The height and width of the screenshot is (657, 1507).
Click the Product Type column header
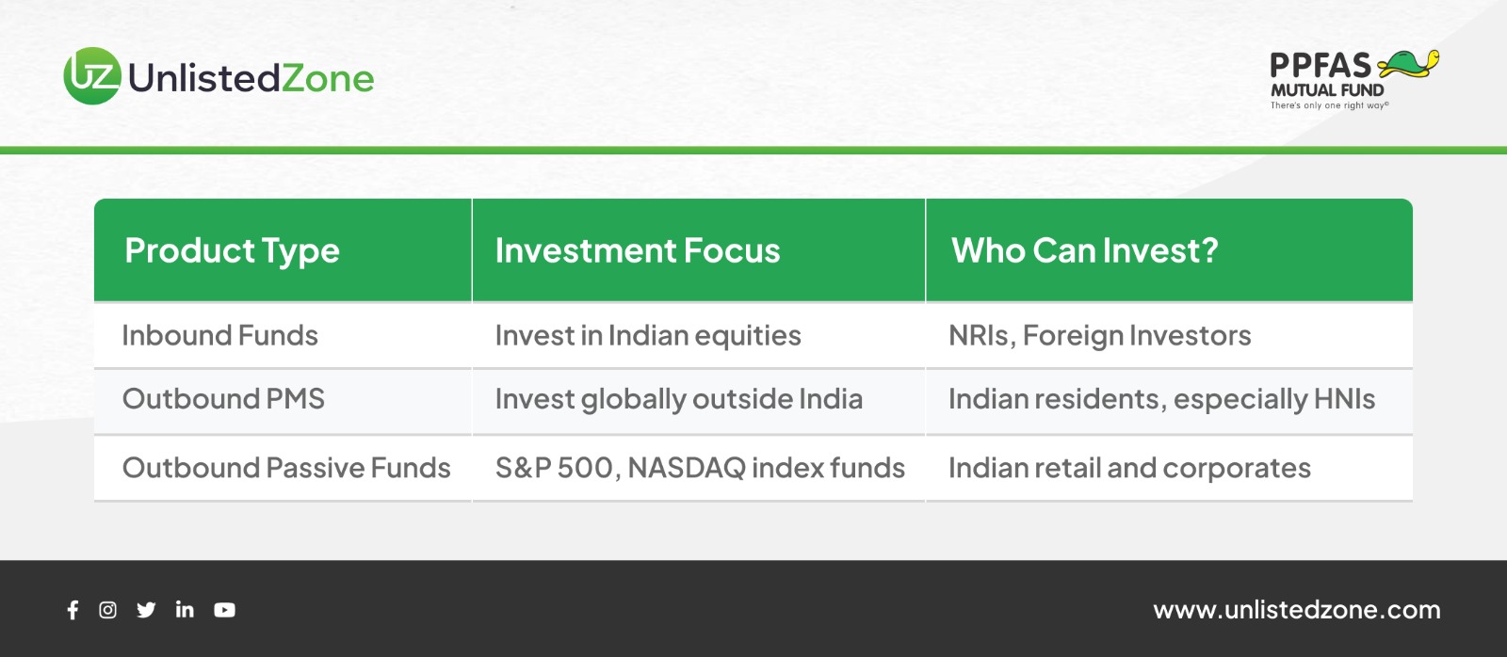pos(232,251)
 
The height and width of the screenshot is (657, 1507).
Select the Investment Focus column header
pos(638,250)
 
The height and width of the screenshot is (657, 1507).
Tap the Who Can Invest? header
pos(1084,250)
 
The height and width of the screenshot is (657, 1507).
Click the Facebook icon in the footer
pos(73,610)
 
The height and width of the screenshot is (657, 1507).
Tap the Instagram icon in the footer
pos(107,610)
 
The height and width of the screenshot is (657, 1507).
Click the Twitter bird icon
pos(146,610)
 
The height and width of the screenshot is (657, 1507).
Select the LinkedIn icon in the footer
pos(185,610)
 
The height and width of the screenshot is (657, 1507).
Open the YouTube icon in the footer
pos(225,610)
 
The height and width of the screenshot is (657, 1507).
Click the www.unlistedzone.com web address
pos(1297,610)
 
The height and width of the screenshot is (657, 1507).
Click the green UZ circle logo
pos(93,76)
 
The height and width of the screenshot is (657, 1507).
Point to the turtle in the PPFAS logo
pos(1408,65)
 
